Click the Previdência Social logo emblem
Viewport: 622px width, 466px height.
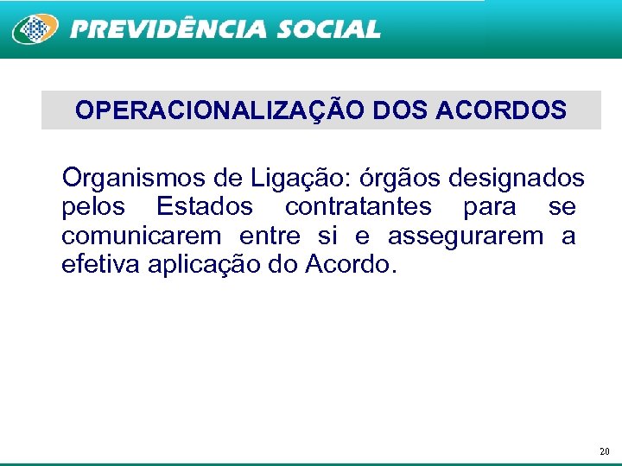click(x=35, y=29)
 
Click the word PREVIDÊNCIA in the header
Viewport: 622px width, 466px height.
click(x=168, y=29)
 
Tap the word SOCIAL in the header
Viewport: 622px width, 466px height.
click(x=328, y=29)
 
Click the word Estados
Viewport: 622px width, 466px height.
click(x=205, y=207)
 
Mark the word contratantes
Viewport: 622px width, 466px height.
click(x=358, y=207)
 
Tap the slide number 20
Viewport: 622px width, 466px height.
click(x=604, y=451)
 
